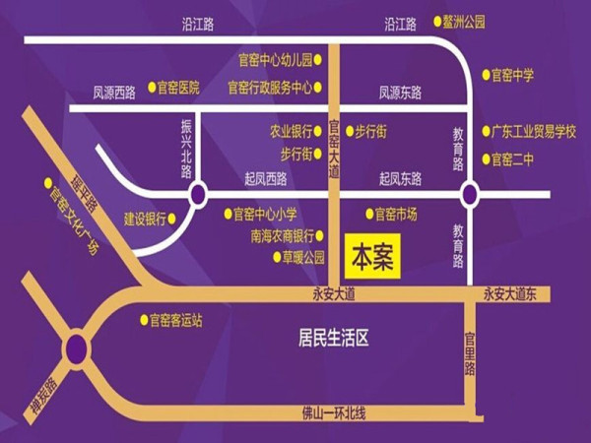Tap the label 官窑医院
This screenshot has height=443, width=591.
(x=178, y=88)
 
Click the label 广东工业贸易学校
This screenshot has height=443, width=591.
(x=534, y=131)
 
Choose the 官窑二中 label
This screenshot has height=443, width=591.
(x=512, y=158)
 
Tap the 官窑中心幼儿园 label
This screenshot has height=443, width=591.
(x=275, y=59)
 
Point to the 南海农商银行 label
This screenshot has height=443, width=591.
(x=282, y=236)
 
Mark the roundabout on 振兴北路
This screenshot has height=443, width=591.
(x=197, y=194)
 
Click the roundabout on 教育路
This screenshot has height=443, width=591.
(x=470, y=194)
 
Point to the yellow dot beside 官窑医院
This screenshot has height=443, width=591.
(x=151, y=88)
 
